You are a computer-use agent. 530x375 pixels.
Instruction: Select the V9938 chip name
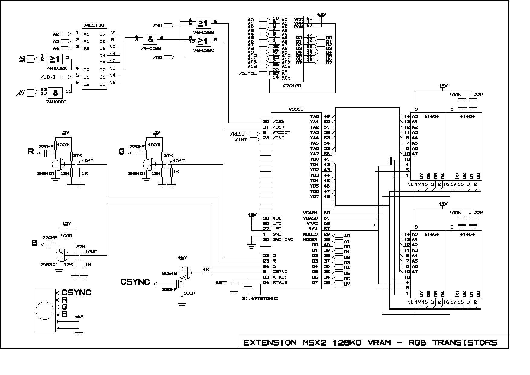click(x=296, y=109)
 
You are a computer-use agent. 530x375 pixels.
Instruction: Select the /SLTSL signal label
click(x=247, y=73)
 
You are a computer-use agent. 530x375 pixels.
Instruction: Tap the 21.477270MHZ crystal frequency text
click(x=260, y=298)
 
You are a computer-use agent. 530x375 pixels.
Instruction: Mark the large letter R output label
click(x=31, y=152)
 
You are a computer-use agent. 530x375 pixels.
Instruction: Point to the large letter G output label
click(x=122, y=152)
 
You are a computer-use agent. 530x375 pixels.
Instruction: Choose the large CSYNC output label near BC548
click(x=135, y=282)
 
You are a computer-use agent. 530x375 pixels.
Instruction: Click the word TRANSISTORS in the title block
click(x=464, y=343)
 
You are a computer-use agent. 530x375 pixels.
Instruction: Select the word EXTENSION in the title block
click(x=270, y=343)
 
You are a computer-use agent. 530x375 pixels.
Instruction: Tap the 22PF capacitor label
click(x=221, y=282)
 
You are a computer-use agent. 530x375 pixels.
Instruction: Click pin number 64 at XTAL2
click(x=266, y=282)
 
